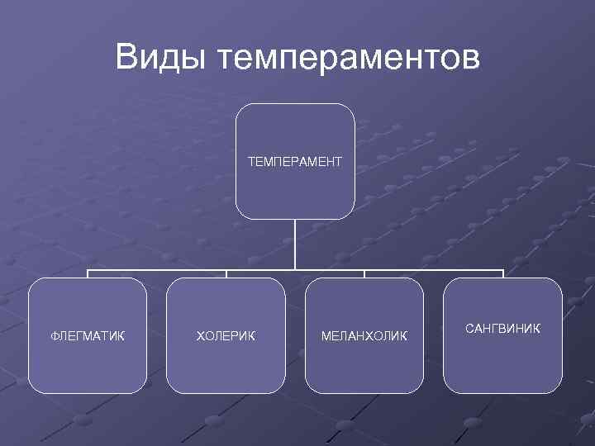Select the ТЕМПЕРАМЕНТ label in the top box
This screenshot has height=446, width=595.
(295, 161)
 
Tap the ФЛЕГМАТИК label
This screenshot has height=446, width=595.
(88, 335)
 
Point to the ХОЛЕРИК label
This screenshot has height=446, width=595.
(226, 335)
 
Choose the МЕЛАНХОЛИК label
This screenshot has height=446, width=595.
(364, 335)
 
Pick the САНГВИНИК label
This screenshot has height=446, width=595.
(502, 329)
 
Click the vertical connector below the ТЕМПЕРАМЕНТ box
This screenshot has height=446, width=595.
(295, 244)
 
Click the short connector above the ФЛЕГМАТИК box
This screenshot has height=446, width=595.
(88, 273)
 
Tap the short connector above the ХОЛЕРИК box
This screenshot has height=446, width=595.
(226, 273)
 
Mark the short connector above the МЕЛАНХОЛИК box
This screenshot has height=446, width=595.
(364, 273)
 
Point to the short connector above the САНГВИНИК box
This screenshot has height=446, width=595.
(502, 273)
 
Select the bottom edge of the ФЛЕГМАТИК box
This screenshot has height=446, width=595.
(88, 392)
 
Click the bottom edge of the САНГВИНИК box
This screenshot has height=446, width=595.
(502, 392)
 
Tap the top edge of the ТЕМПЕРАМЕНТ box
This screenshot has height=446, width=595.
(295, 104)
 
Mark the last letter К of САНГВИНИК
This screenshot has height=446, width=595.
(536, 329)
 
